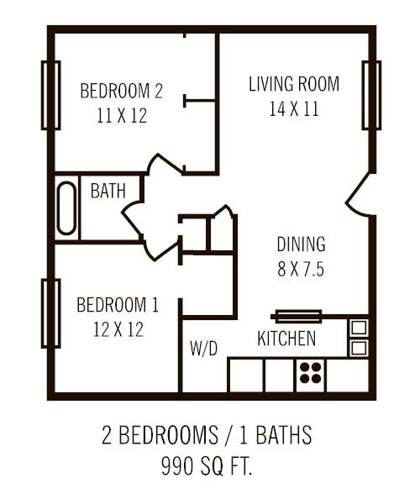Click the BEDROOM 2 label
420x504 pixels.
click(x=121, y=91)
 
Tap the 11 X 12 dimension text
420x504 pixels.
click(x=121, y=116)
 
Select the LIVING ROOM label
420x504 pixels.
click(x=294, y=84)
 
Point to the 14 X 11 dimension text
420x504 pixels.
click(x=294, y=109)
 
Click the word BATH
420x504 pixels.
click(x=108, y=191)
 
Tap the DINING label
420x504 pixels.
click(x=301, y=244)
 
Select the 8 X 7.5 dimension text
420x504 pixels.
click(x=301, y=270)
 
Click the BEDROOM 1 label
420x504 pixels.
click(x=118, y=304)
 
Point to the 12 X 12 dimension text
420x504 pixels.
click(x=118, y=329)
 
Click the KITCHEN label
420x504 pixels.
click(x=286, y=339)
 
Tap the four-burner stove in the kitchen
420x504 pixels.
click(x=309, y=374)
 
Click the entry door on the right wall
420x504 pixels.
click(x=360, y=196)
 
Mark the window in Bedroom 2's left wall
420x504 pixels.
click(x=50, y=95)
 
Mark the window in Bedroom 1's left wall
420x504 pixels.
click(x=50, y=313)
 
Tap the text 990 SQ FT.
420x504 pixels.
click(x=207, y=464)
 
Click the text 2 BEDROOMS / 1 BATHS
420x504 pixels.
click(x=207, y=436)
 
